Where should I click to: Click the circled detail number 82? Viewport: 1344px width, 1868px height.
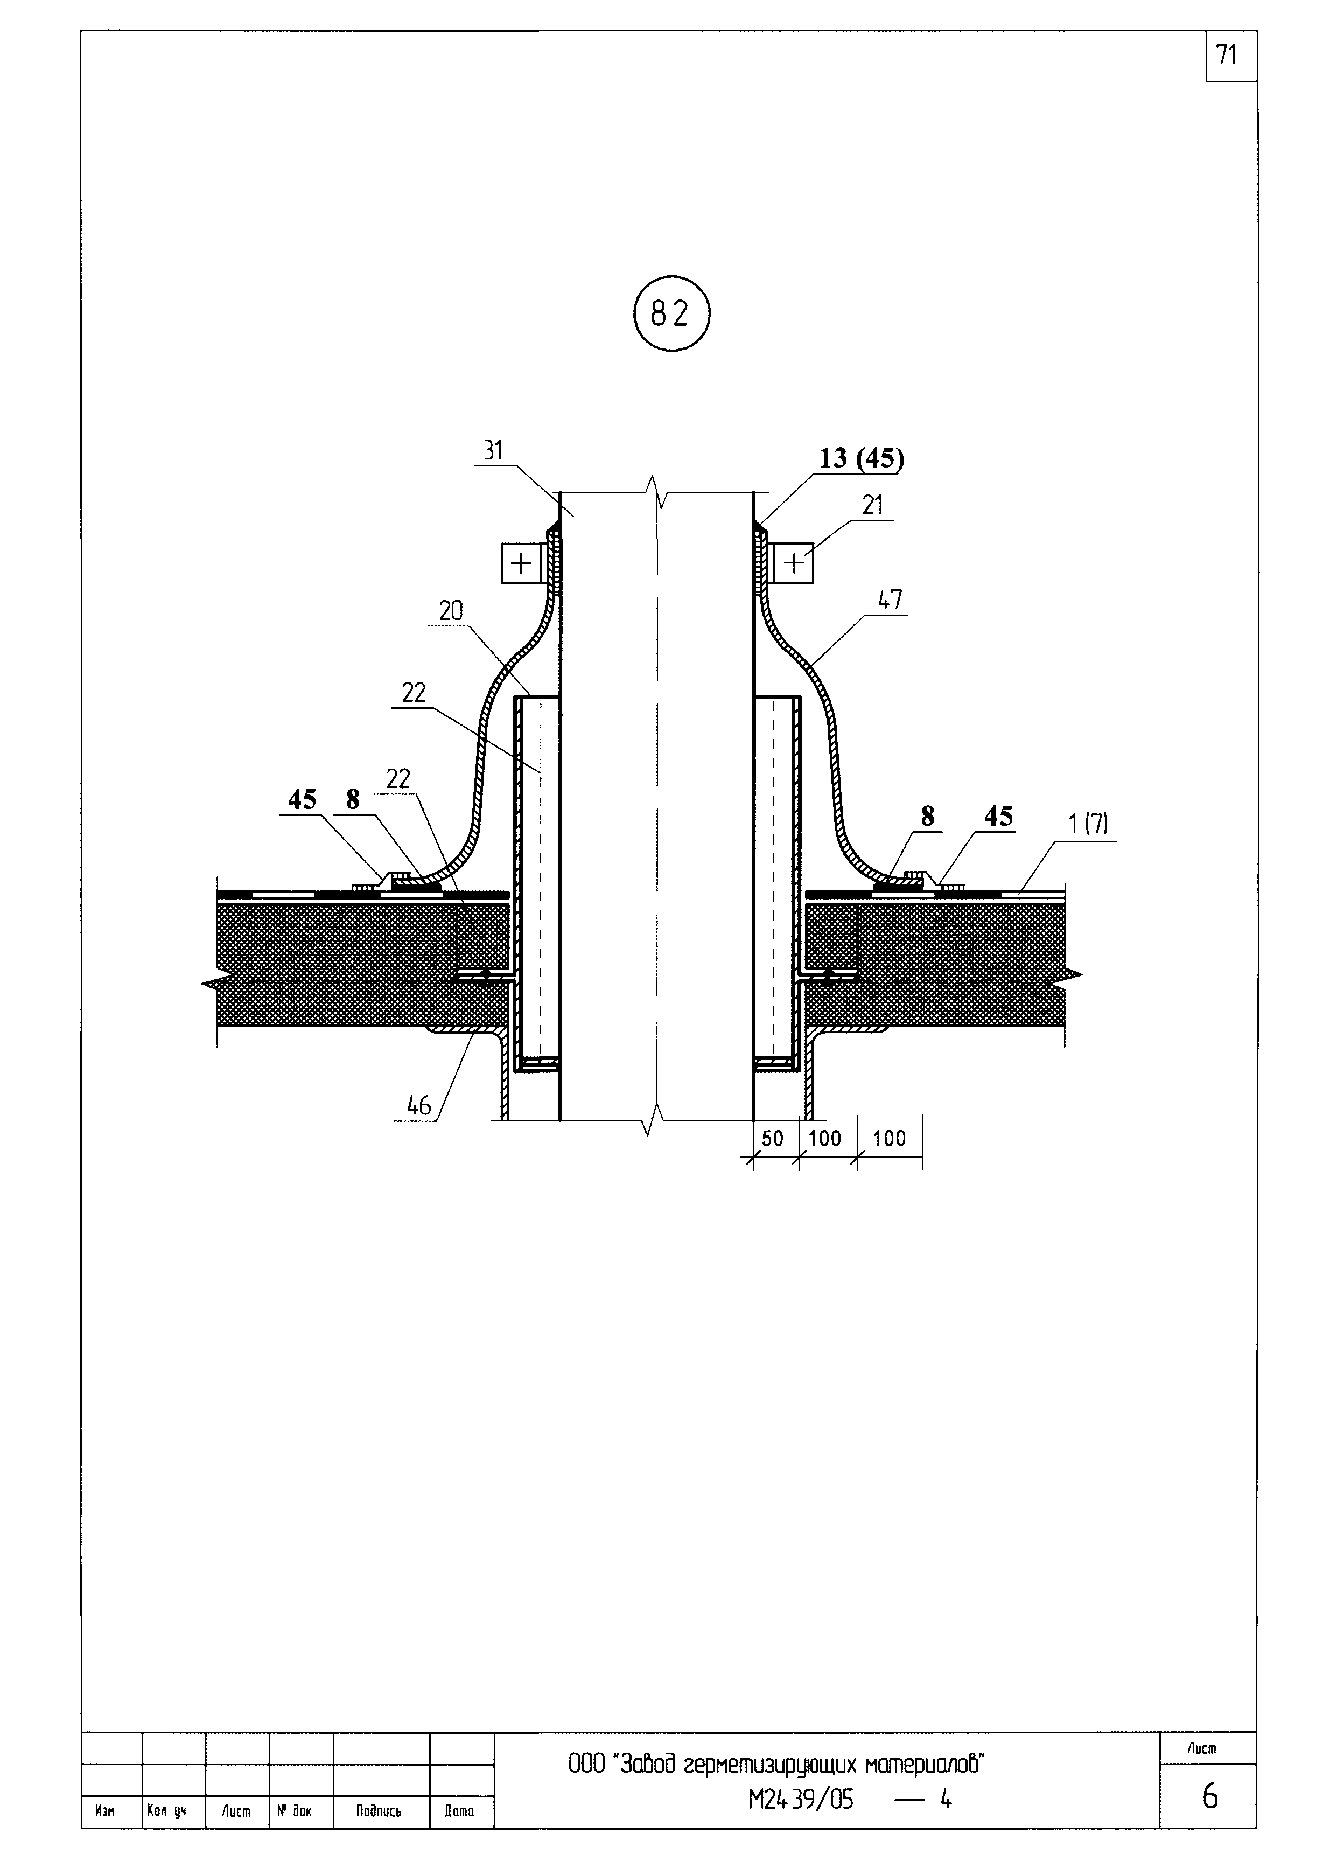click(671, 314)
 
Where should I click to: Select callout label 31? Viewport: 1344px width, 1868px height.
click(493, 450)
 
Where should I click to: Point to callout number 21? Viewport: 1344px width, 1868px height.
click(873, 505)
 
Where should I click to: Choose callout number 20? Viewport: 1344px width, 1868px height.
click(451, 610)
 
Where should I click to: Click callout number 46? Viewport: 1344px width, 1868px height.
click(419, 1105)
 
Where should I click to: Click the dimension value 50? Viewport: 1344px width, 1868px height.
click(773, 1138)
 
